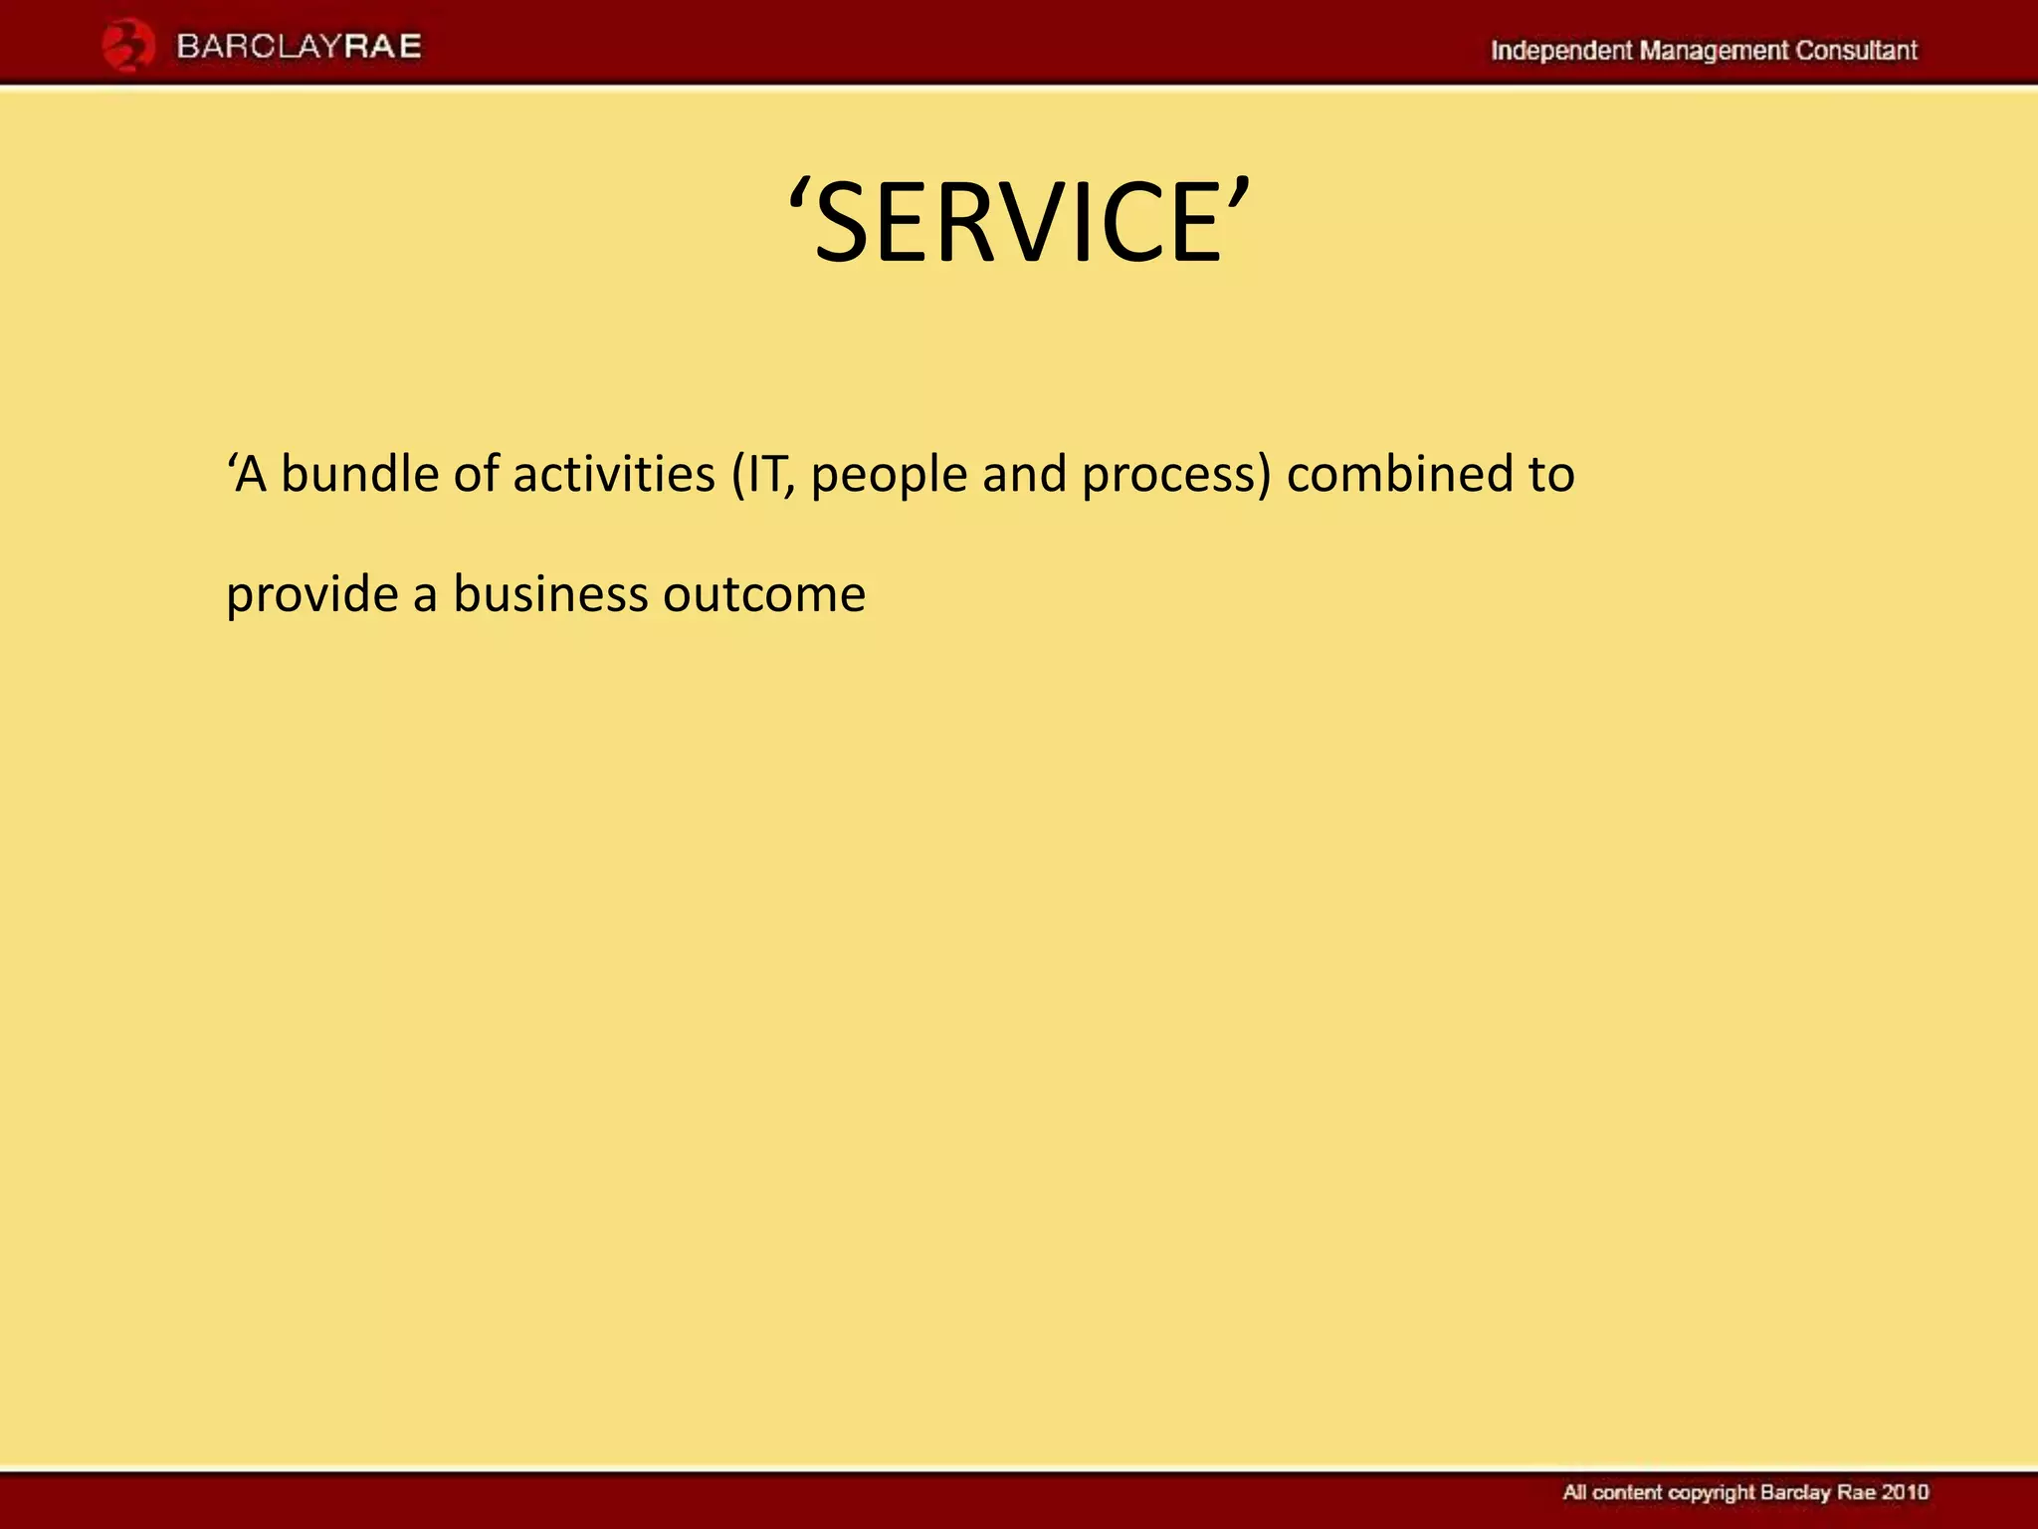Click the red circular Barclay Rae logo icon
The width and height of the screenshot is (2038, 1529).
coord(128,47)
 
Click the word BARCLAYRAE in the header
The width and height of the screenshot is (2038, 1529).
coord(300,47)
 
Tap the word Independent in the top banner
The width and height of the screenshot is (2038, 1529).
coord(1560,50)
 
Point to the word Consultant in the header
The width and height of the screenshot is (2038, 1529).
coord(1856,50)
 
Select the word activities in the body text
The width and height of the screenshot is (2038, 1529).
coord(614,474)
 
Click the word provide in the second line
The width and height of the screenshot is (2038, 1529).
coord(311,596)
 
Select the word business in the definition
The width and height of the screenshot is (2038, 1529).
coord(550,594)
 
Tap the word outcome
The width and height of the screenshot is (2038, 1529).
coord(764,595)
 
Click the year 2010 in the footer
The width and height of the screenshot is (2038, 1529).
coord(1905,1492)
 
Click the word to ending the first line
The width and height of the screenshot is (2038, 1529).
coord(1551,474)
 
